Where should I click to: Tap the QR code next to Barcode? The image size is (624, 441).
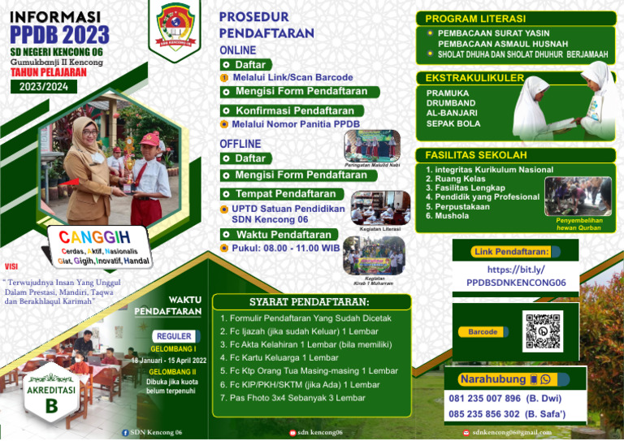coord(542,331)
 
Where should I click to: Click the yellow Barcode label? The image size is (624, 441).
coord(483,332)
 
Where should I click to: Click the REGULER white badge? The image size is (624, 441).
coord(174,336)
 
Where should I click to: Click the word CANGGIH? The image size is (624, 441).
coord(94,237)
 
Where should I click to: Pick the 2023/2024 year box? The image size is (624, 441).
coord(44,86)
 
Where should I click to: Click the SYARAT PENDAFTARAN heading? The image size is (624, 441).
coord(314,302)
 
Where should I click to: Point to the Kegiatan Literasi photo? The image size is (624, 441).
coord(380,208)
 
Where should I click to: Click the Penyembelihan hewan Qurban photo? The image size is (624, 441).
coord(578,197)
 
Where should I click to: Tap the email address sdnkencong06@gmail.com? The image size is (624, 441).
coord(512,432)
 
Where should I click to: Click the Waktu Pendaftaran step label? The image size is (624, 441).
coord(282,235)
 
